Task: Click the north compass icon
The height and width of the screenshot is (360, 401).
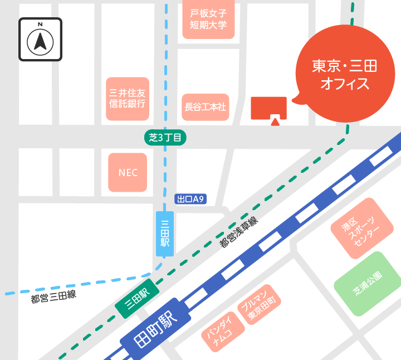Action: pyautogui.click(x=41, y=39)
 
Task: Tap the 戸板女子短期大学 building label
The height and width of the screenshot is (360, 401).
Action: pyautogui.click(x=208, y=19)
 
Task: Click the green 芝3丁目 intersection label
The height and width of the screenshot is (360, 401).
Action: pyautogui.click(x=165, y=138)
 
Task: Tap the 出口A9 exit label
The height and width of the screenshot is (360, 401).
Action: pyautogui.click(x=191, y=198)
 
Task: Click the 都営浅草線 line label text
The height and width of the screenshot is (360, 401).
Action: pyautogui.click(x=239, y=232)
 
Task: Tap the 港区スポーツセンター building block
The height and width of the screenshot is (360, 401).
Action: pyautogui.click(x=361, y=230)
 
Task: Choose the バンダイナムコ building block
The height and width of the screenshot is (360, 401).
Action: pyautogui.click(x=223, y=332)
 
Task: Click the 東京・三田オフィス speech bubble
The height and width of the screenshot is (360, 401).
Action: pyautogui.click(x=344, y=75)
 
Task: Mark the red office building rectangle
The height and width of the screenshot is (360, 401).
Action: pyautogui.click(x=268, y=107)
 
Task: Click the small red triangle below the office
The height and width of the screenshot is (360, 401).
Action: pyautogui.click(x=275, y=121)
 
